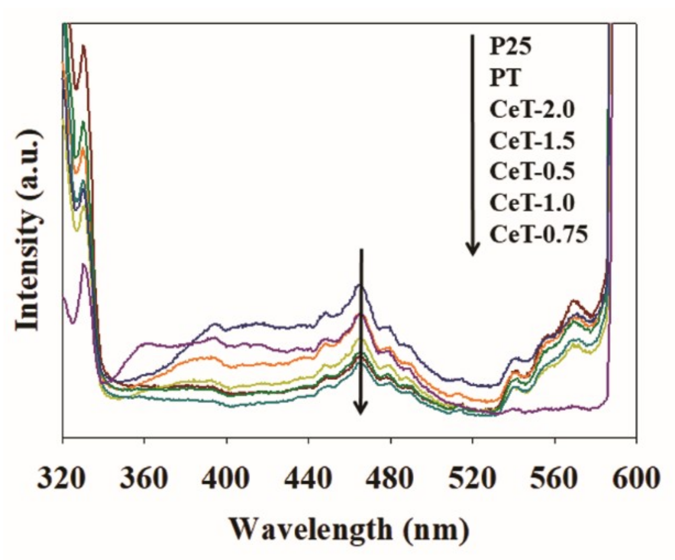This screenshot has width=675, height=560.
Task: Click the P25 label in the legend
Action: (x=511, y=47)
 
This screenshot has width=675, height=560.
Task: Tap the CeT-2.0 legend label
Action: (x=532, y=109)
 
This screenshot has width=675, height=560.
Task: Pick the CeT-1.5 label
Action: (x=532, y=141)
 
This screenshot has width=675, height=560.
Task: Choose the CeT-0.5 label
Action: (x=532, y=171)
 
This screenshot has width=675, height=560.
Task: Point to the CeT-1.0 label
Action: (x=532, y=203)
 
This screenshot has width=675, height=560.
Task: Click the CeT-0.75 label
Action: (x=539, y=234)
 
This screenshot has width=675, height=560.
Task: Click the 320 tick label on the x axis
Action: (x=62, y=479)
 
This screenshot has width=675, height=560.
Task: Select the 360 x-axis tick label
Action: (x=144, y=479)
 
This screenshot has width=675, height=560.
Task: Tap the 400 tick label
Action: (x=226, y=479)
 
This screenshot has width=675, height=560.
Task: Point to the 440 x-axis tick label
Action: (x=308, y=479)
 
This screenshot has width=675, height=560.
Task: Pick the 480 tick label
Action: (x=391, y=479)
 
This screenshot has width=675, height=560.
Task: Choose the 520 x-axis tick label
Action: (x=472, y=479)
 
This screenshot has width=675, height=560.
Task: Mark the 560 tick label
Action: (x=555, y=479)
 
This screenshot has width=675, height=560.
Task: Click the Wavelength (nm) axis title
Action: (x=350, y=529)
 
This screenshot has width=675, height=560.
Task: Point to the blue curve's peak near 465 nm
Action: (x=360, y=285)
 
